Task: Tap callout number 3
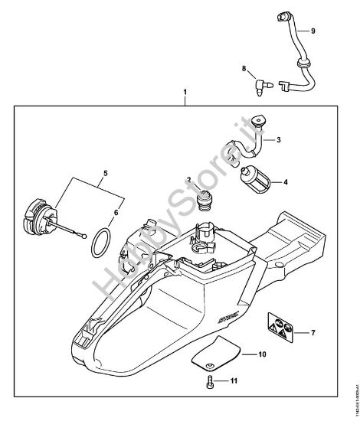pyautogui.click(x=278, y=140)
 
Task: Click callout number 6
pyautogui.click(x=116, y=215)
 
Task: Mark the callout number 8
pyautogui.click(x=244, y=70)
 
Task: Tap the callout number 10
pyautogui.click(x=263, y=355)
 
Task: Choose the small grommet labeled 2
pyautogui.click(x=205, y=204)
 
